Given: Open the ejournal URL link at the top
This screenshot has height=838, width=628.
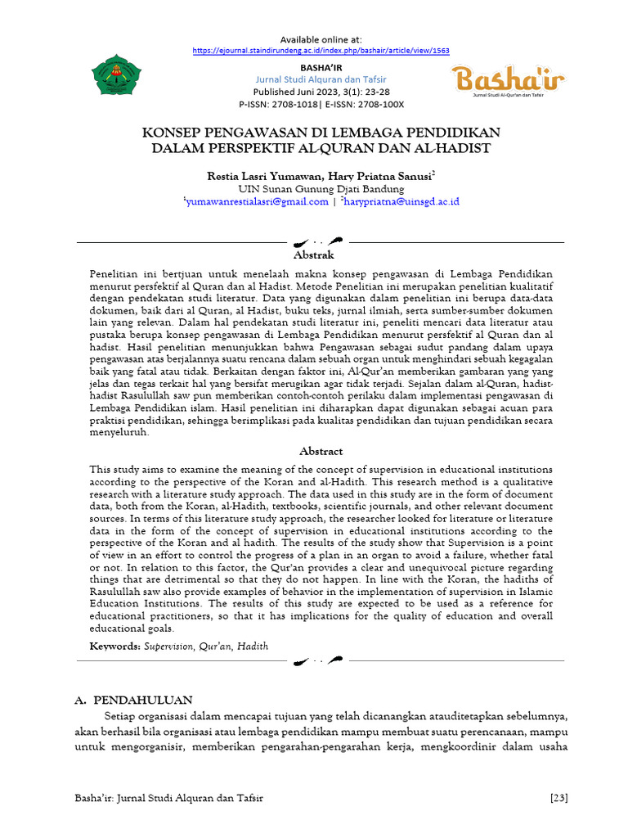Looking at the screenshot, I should click(x=321, y=50).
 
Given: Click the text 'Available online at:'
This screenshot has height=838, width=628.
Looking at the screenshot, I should click(x=321, y=39).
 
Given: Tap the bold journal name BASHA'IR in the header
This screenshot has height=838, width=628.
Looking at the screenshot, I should click(x=321, y=66).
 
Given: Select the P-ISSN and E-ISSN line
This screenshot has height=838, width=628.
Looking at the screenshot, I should click(x=321, y=105).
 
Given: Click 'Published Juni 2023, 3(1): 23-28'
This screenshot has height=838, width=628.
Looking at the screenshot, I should click(x=321, y=92).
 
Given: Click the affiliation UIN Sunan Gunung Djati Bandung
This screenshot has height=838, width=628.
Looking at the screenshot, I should click(x=321, y=188).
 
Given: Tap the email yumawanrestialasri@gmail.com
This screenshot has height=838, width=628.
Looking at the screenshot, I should click(x=257, y=201).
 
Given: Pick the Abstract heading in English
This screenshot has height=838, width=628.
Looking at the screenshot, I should click(x=321, y=451).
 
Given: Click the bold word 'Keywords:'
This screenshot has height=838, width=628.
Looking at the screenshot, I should click(x=115, y=647).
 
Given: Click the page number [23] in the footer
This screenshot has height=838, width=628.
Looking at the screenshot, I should click(x=559, y=798).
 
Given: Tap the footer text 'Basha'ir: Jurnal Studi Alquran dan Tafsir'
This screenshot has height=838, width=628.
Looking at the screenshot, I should click(x=170, y=798).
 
